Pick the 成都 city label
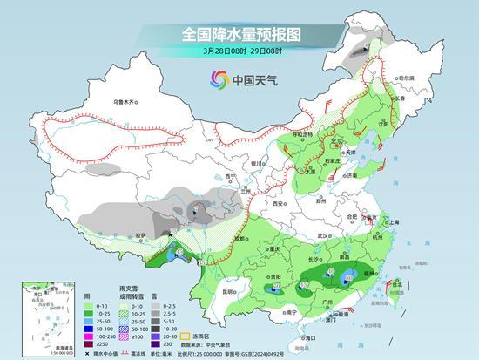click(237, 236)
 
